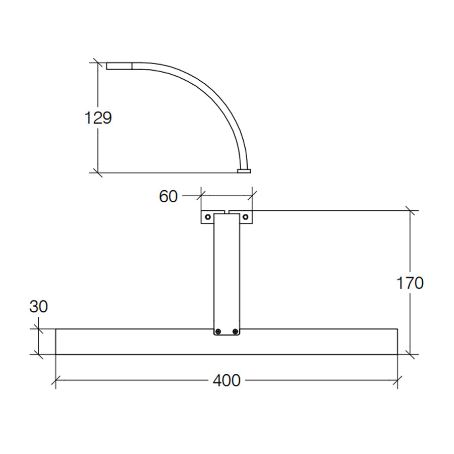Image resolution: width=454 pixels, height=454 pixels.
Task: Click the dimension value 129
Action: tap(98, 118)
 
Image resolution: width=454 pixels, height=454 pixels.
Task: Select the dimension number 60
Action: tap(168, 196)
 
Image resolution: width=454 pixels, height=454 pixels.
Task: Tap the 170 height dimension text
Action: tap(409, 283)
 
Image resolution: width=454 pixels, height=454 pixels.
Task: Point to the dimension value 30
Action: tap(38, 306)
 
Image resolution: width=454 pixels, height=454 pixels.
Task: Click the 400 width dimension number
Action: tap(226, 381)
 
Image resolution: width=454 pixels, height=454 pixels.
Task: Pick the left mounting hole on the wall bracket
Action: tap(208, 216)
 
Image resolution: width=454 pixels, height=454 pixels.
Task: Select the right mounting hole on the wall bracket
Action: tap(245, 216)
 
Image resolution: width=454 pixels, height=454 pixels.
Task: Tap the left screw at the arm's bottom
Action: tap(218, 331)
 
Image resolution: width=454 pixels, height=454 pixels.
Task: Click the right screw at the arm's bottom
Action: tap(235, 331)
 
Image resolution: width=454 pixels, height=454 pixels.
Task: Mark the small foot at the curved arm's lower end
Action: tap(244, 171)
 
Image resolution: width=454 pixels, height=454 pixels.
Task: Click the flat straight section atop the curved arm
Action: tap(119, 66)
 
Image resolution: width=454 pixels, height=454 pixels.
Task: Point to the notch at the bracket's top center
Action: tap(226, 212)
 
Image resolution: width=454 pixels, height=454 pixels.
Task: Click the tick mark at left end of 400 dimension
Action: tap(55, 381)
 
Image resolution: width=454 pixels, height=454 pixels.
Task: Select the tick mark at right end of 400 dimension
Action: tap(398, 381)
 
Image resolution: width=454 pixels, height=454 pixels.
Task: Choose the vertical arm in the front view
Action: tap(226, 272)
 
